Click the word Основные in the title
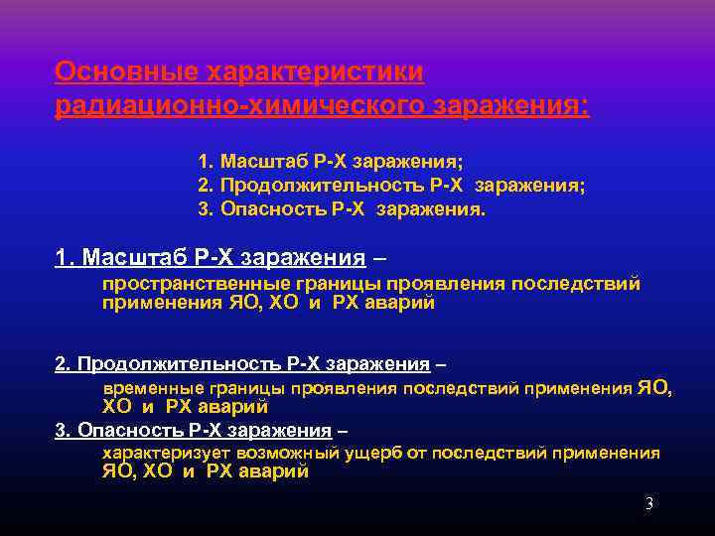click(x=124, y=72)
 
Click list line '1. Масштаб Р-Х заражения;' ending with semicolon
click(x=331, y=161)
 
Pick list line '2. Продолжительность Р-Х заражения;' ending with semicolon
click(x=391, y=185)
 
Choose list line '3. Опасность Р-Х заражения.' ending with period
click(x=342, y=208)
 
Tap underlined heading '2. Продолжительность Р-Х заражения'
click(x=242, y=364)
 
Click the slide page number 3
click(x=648, y=504)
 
